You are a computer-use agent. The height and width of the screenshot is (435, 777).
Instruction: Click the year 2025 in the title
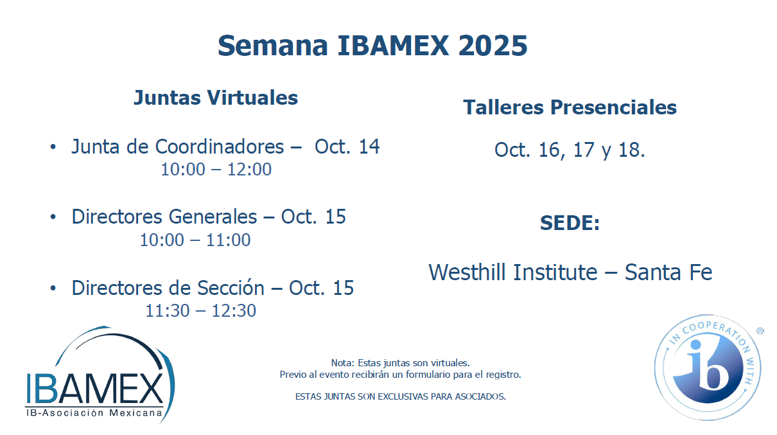click(493, 46)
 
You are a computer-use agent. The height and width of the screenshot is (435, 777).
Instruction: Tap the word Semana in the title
click(273, 46)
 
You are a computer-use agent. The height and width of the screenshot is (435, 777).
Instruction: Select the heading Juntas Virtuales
click(216, 98)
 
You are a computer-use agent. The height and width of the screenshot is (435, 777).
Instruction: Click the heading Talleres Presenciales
click(570, 107)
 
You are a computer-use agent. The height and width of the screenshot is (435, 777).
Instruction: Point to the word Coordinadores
click(220, 146)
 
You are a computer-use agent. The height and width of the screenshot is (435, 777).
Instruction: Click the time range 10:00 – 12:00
click(216, 170)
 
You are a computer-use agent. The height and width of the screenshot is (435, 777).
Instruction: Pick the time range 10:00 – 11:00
click(195, 240)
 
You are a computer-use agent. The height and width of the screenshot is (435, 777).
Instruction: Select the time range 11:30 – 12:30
click(201, 310)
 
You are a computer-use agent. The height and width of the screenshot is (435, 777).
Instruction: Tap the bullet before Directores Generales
click(53, 217)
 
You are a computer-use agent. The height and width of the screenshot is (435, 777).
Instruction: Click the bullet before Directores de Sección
click(53, 288)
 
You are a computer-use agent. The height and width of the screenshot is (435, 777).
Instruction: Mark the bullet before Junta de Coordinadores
click(53, 147)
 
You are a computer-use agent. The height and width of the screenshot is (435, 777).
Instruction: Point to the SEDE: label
click(570, 223)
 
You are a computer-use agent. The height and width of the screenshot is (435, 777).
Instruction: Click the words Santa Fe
click(668, 272)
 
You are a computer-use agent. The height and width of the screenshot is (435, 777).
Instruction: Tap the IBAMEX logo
click(100, 375)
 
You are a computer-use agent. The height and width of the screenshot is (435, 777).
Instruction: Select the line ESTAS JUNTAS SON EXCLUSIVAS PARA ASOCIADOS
click(401, 396)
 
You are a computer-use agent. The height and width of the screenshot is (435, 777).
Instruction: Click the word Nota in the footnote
click(342, 363)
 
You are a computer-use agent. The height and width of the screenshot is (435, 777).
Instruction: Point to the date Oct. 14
click(347, 146)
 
